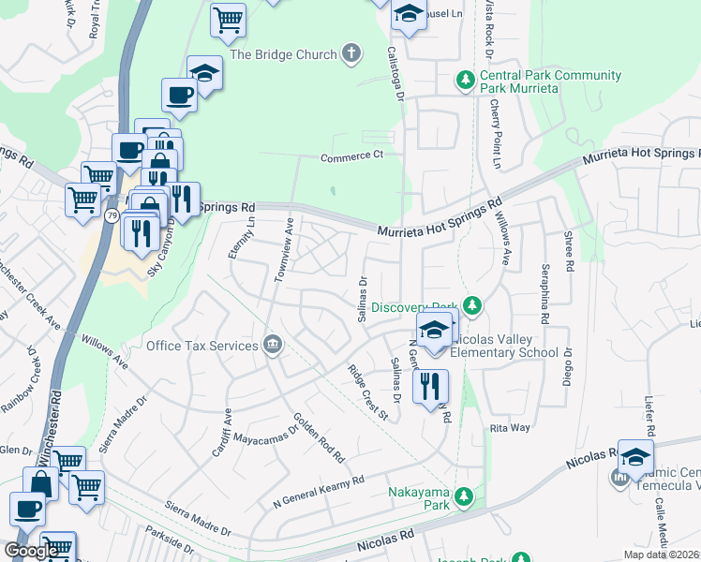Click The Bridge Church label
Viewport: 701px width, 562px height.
[x=283, y=54]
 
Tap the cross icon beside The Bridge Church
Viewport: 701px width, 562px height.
[x=351, y=53]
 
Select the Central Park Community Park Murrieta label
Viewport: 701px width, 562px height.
[x=550, y=81]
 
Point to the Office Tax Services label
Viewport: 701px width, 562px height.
[x=201, y=346]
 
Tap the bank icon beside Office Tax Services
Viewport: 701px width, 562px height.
[x=273, y=345]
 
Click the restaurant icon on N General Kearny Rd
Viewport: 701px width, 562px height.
[x=430, y=385]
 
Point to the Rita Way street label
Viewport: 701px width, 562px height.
[x=510, y=428]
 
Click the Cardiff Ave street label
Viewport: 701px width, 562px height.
[x=221, y=432]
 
